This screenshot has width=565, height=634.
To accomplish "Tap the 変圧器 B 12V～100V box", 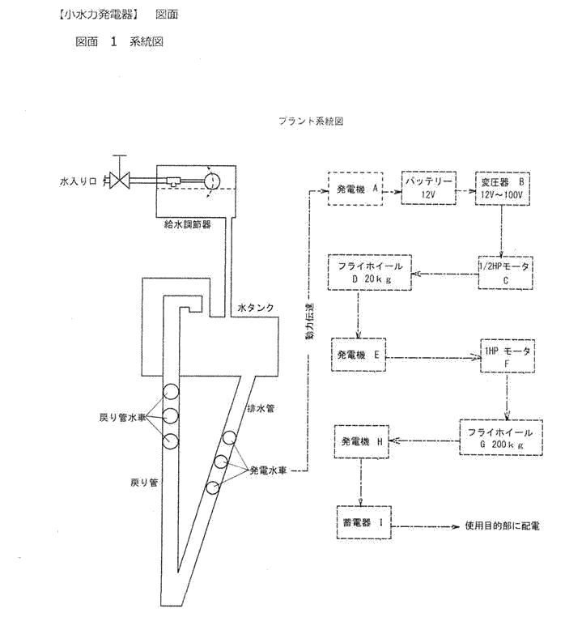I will click(503, 189).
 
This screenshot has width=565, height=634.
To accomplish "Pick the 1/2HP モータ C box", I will click(503, 273).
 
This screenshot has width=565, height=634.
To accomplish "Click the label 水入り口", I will click(83, 181).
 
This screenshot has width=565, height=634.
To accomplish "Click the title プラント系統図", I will click(312, 121).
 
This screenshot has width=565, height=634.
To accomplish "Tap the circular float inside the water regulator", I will click(212, 179).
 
